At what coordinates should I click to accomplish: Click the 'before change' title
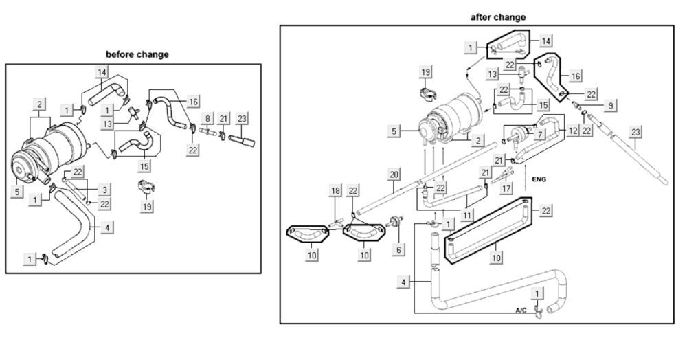[137, 54]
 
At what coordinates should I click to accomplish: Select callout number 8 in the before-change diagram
[207, 119]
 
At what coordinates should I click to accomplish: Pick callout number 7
[541, 134]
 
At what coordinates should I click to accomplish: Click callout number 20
[394, 175]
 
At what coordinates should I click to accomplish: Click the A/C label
[521, 311]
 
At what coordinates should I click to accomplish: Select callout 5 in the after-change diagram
[394, 128]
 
